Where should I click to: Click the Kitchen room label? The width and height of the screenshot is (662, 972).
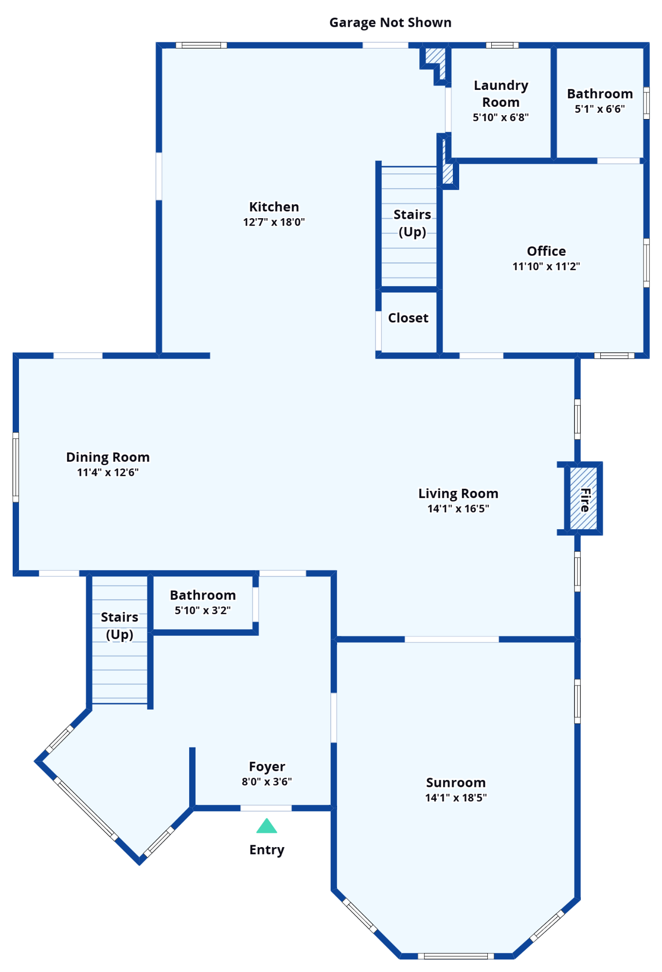coord(274,207)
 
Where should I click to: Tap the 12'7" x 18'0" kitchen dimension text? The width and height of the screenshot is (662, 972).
coord(274,222)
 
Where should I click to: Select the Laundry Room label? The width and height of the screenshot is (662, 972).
coord(501,94)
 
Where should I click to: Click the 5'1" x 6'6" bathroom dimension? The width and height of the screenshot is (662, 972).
coord(600,109)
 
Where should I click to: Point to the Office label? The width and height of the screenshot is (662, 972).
coord(546,251)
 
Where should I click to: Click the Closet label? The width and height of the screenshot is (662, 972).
coord(408,318)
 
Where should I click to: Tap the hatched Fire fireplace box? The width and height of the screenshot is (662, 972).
coord(583,498)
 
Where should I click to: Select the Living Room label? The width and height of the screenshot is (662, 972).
coord(458,494)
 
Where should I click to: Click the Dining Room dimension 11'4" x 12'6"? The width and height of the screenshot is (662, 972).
coord(108,472)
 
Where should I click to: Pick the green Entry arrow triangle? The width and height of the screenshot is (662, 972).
coord(267,826)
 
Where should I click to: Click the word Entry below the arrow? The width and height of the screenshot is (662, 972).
coord(267,850)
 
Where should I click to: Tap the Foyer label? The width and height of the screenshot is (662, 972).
coord(267,766)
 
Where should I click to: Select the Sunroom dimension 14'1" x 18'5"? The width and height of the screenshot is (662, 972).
coord(456,798)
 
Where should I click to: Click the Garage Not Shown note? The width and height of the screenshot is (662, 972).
coord(390,22)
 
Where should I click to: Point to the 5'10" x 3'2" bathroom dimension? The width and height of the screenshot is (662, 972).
coord(203,610)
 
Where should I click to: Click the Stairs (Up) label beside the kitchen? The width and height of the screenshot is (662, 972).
coord(412,223)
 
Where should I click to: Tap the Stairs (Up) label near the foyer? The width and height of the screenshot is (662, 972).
coord(120,625)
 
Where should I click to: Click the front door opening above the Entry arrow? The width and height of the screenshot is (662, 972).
coord(266,808)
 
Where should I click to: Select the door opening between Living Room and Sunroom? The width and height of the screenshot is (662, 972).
coord(451,639)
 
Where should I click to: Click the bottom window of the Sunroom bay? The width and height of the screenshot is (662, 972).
coord(456,956)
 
